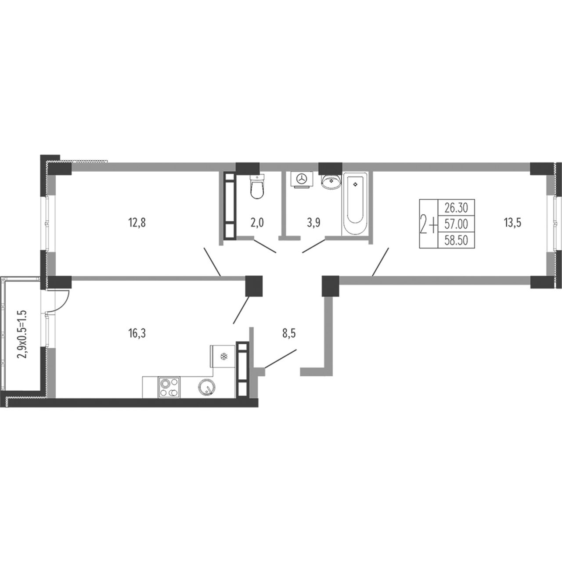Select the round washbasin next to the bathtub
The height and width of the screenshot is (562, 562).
click(x=331, y=181)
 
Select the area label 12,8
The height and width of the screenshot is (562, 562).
click(x=137, y=223)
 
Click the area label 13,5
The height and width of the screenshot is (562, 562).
click(x=512, y=223)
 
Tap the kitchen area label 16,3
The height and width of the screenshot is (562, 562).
click(x=137, y=334)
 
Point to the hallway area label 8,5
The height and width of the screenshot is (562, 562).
click(x=289, y=334)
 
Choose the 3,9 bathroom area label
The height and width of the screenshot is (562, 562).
click(x=313, y=223)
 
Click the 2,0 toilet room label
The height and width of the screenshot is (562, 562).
click(x=257, y=223)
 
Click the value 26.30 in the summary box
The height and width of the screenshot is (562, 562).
click(x=456, y=208)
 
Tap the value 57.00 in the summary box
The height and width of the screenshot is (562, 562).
click(x=456, y=224)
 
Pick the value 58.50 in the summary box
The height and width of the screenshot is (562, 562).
click(x=456, y=240)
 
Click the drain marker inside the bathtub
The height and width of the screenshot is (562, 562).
click(x=355, y=184)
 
